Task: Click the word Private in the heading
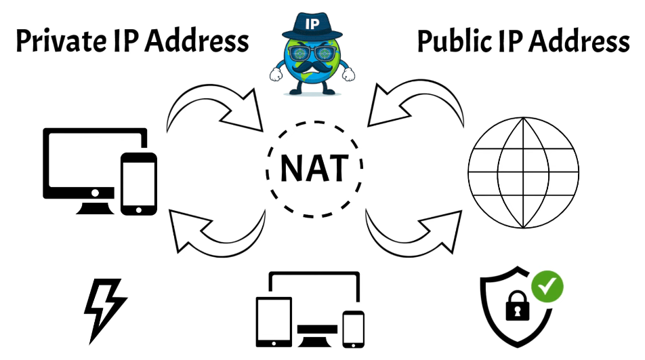[58, 42]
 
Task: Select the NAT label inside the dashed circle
[312, 169]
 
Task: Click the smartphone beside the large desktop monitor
[138, 182]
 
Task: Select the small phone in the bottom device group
[353, 327]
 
